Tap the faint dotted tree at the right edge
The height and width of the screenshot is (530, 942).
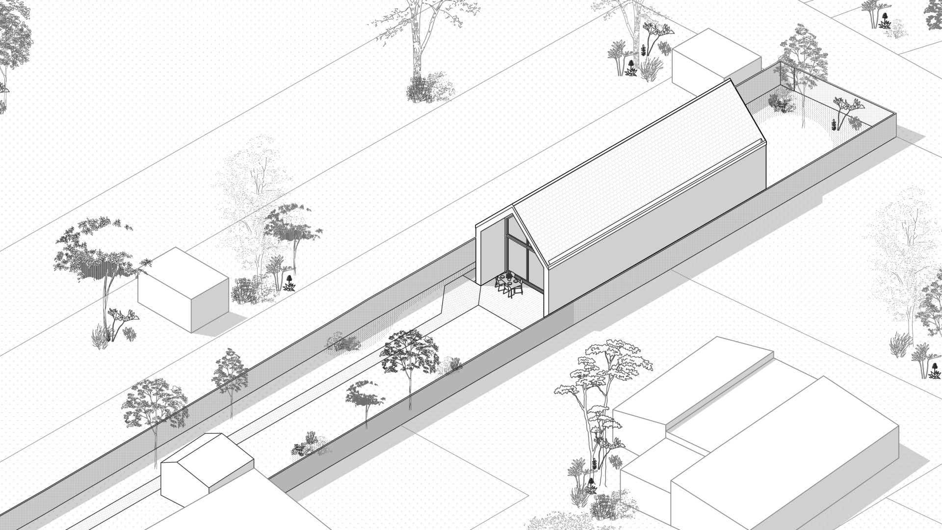point(903,255)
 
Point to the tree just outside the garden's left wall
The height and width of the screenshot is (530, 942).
point(228,375)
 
